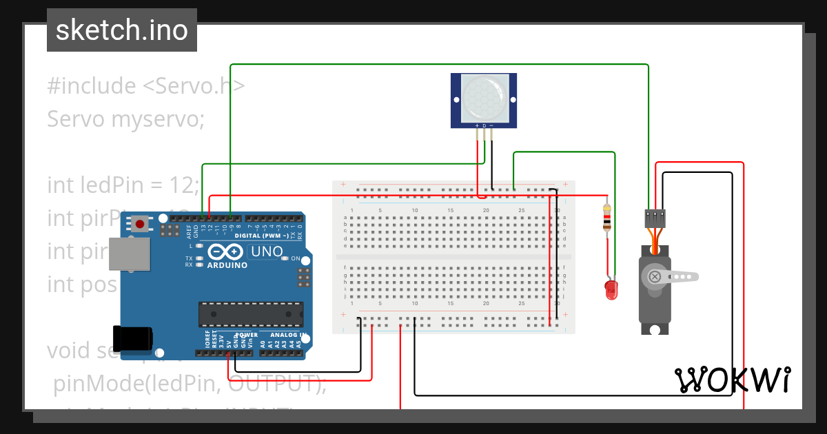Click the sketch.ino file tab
tap(121, 30)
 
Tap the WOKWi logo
tap(732, 380)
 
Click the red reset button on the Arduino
tap(141, 223)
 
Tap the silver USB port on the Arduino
tap(129, 254)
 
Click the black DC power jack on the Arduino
tap(134, 338)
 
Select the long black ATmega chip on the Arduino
tap(250, 313)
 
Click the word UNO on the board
tap(266, 252)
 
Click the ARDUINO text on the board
tap(227, 265)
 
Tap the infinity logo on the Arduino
tap(227, 251)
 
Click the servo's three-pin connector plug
tap(655, 218)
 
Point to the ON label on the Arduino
tap(295, 259)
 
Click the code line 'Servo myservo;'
tap(126, 119)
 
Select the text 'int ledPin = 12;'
tap(123, 185)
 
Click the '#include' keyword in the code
tap(92, 86)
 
